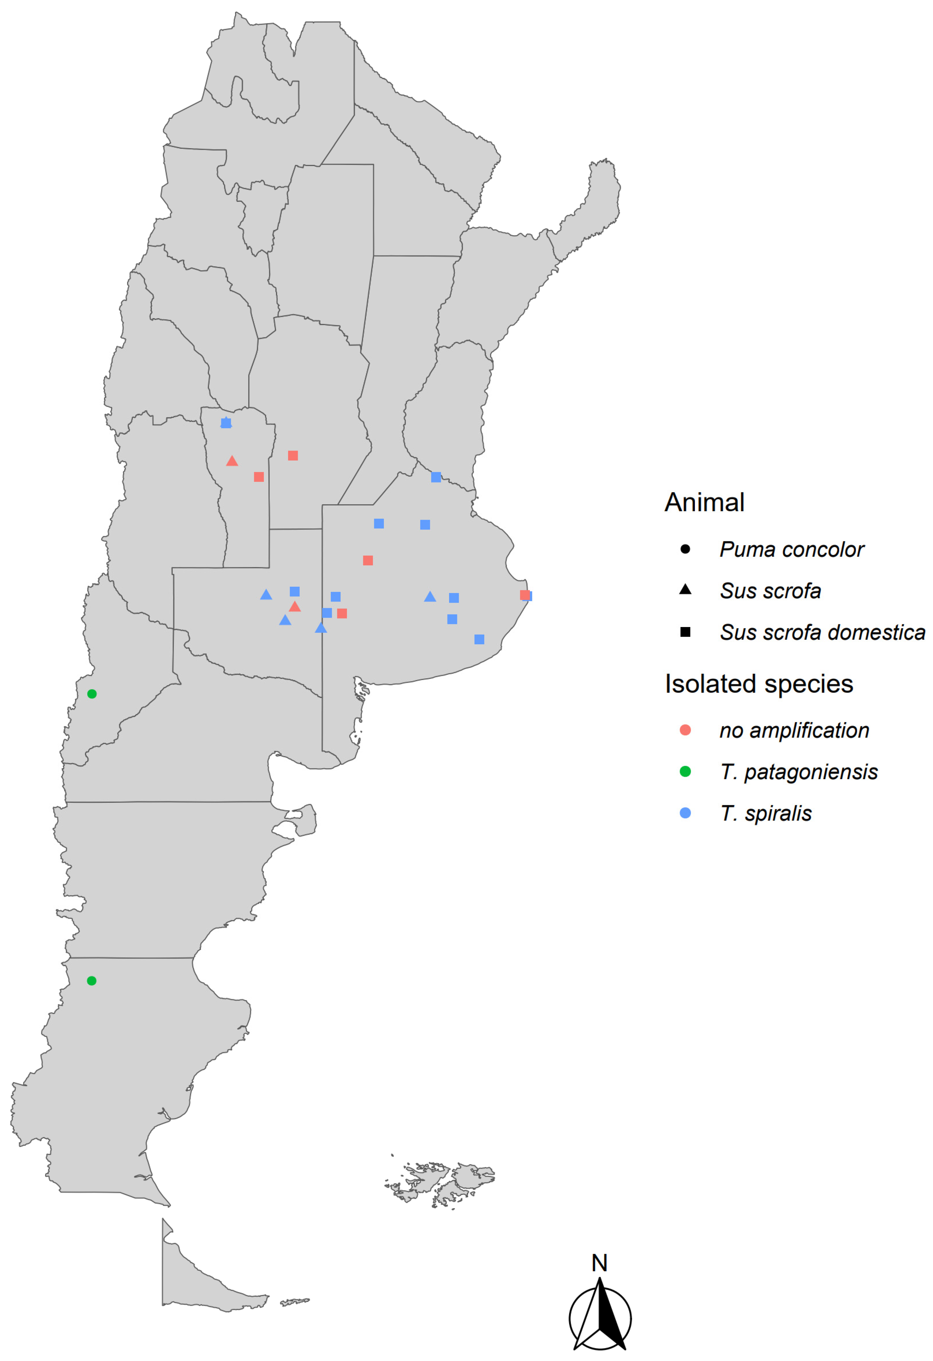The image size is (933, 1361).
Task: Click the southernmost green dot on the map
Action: (92, 981)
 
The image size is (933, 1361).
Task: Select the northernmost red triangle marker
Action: (232, 462)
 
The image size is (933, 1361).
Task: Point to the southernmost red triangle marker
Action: (295, 607)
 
